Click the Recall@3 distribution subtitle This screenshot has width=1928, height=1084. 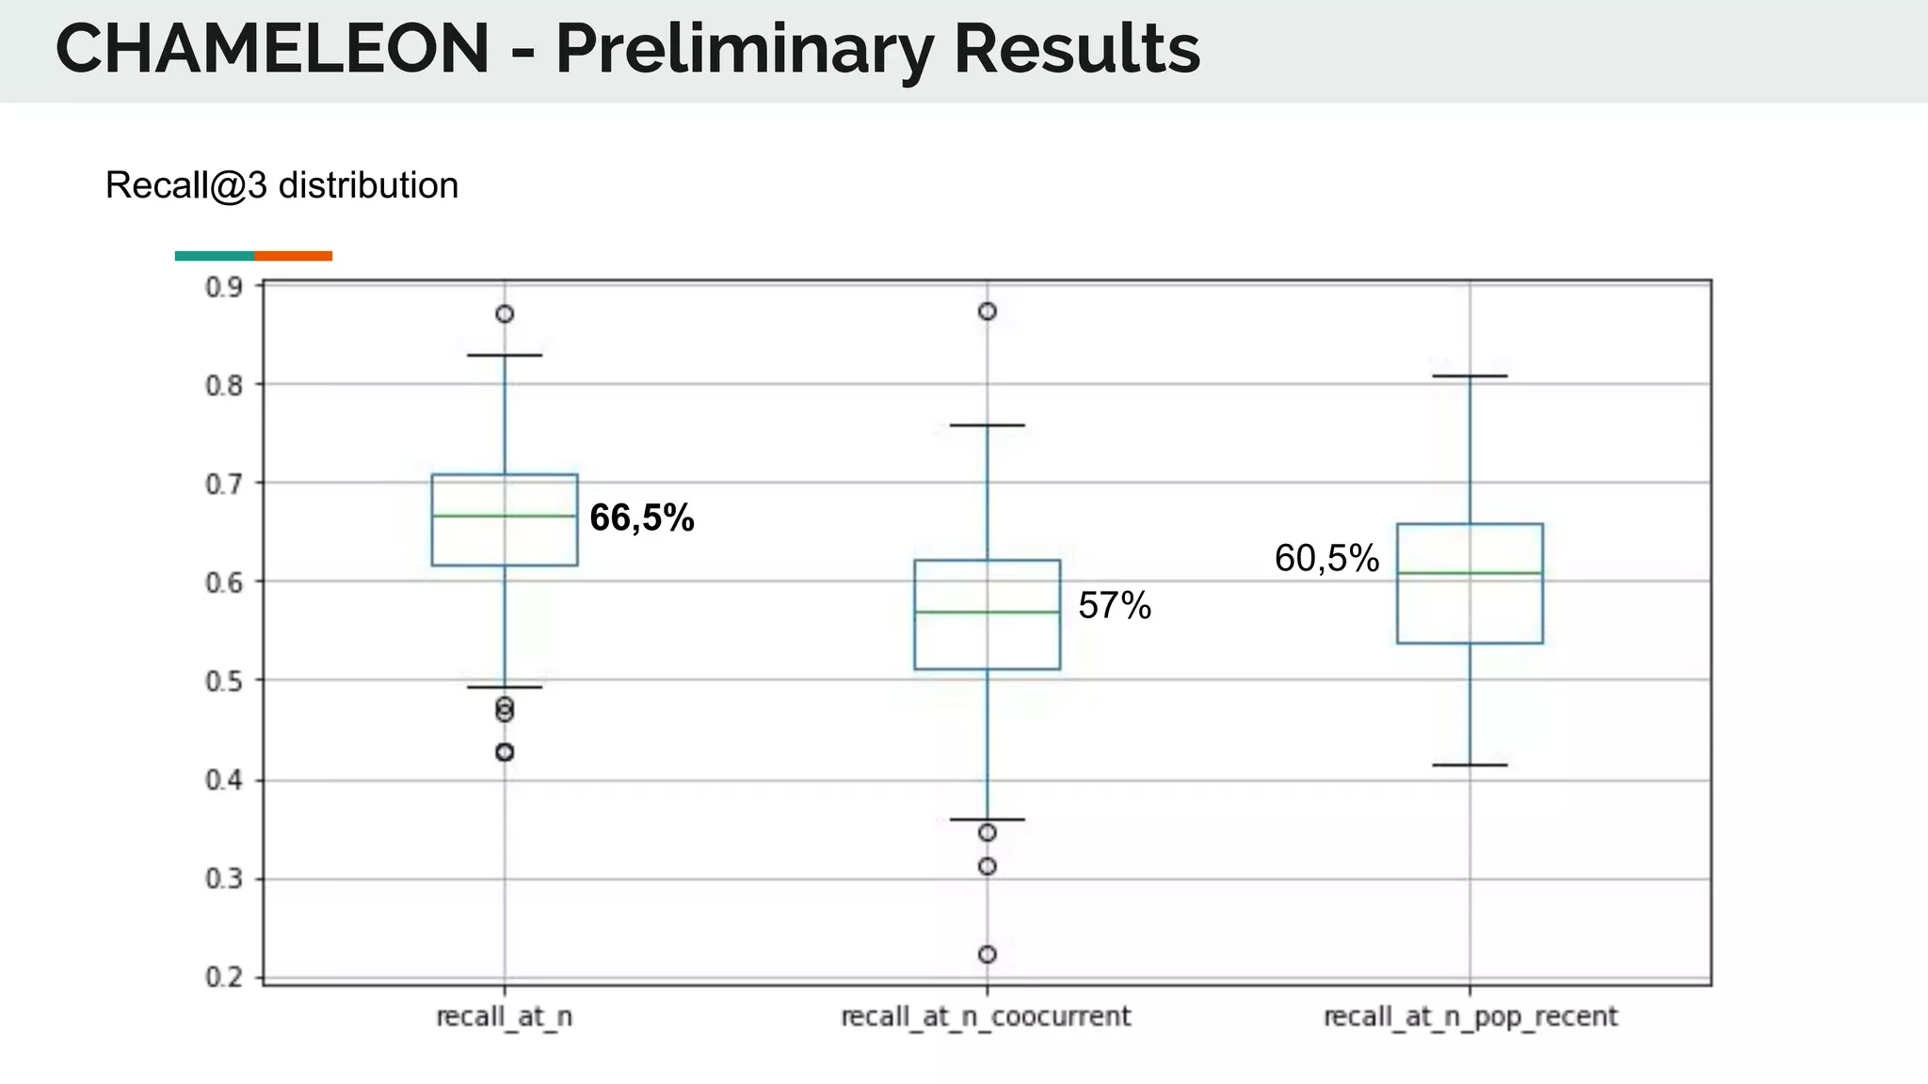pyautogui.click(x=281, y=186)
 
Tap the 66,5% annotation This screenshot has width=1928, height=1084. pyautogui.click(x=642, y=518)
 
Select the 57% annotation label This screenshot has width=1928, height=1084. pyautogui.click(x=1115, y=606)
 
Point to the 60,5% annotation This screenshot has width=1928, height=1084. pyautogui.click(x=1326, y=559)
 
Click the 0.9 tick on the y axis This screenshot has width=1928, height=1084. pyautogui.click(x=223, y=287)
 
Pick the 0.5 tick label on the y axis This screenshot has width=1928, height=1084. pyautogui.click(x=223, y=681)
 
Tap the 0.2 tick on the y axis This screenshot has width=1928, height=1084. pyautogui.click(x=223, y=978)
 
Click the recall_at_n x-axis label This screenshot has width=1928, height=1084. pyautogui.click(x=505, y=1017)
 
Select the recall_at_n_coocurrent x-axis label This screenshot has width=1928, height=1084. pyautogui.click(x=986, y=1017)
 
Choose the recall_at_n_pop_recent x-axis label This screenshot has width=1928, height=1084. pyautogui.click(x=1470, y=1017)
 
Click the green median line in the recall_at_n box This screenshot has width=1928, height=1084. pyautogui.click(x=505, y=516)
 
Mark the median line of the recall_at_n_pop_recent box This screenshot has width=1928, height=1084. pyautogui.click(x=1470, y=572)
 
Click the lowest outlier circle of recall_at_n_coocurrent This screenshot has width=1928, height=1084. pyautogui.click(x=988, y=954)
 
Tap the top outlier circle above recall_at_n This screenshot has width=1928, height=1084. pyautogui.click(x=505, y=314)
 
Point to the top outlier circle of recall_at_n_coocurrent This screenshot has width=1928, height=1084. pyautogui.click(x=988, y=311)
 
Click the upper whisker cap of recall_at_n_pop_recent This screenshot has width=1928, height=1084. pyautogui.click(x=1470, y=376)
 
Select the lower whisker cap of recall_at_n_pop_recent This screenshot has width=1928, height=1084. pyautogui.click(x=1470, y=765)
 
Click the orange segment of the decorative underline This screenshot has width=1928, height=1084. pyautogui.click(x=293, y=256)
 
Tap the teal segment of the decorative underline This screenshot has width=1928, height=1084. pyautogui.click(x=215, y=256)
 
